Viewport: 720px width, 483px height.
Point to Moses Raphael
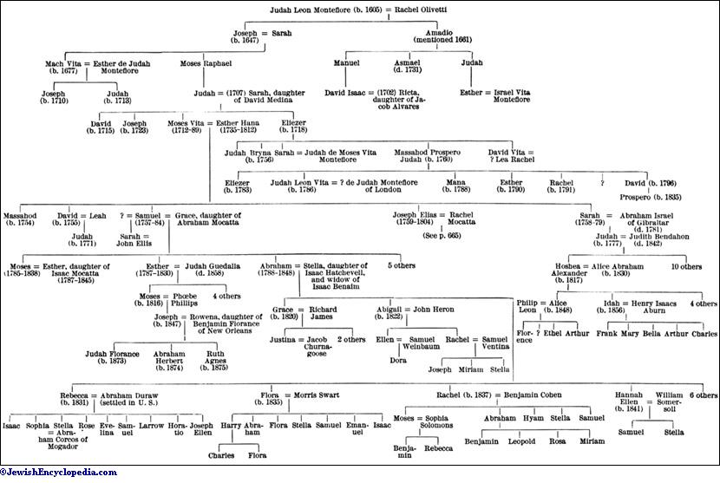205,63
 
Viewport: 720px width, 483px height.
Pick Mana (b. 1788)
455,187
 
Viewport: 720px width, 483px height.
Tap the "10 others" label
685,267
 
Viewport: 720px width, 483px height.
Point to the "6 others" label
701,395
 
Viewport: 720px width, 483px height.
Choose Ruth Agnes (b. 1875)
215,360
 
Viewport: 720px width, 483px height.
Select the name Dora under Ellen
400,360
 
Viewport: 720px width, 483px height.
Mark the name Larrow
151,428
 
